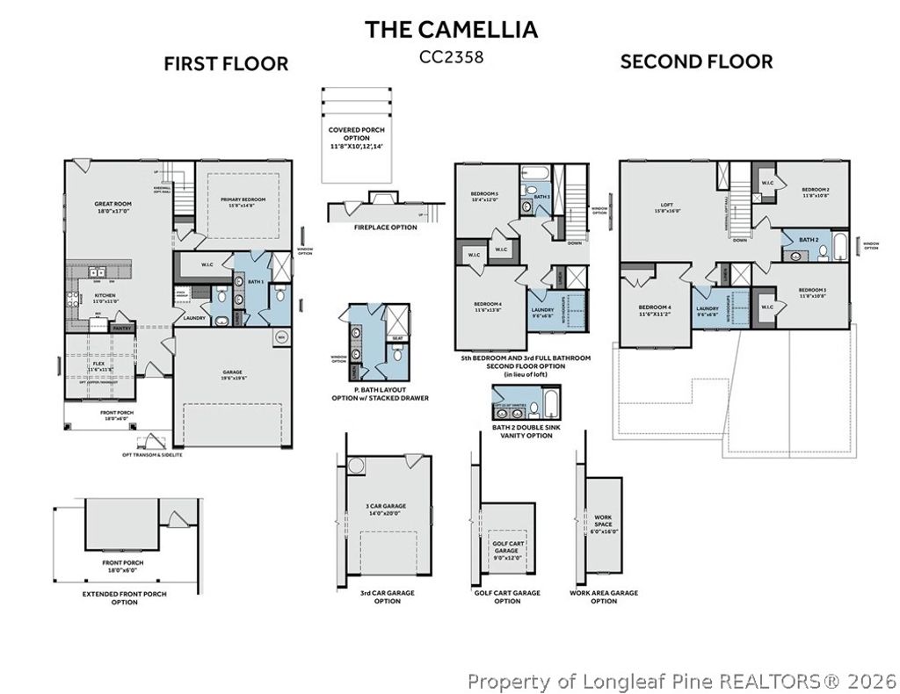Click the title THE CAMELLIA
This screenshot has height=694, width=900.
451,29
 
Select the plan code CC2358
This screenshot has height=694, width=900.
451,57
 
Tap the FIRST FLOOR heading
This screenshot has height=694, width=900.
226,63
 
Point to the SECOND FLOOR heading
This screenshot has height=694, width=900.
696,61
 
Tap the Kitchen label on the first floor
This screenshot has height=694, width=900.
105,298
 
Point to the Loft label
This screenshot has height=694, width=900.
667,207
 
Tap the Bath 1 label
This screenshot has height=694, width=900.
255,282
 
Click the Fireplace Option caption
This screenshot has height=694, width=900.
385,228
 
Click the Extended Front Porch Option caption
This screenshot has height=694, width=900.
123,598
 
